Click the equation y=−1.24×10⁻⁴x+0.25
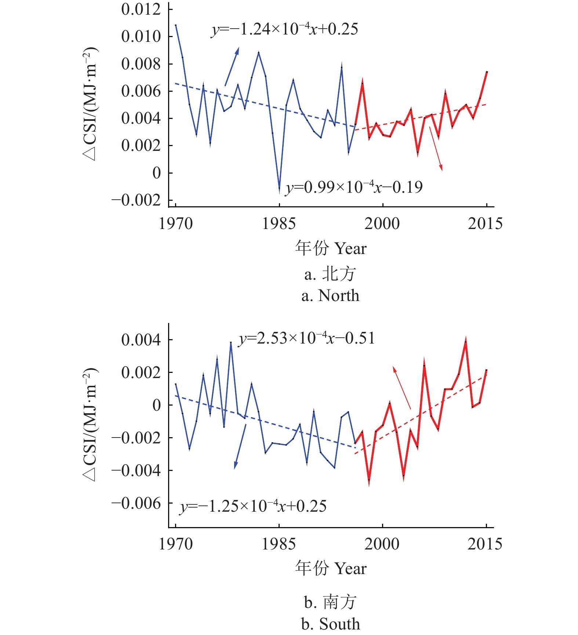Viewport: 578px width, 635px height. pyautogui.click(x=284, y=29)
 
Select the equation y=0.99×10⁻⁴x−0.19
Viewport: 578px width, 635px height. pyautogui.click(x=354, y=187)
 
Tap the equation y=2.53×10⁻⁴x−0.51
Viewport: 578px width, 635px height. pyautogui.click(x=307, y=338)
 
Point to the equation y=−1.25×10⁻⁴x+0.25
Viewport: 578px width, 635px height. pyautogui.click(x=253, y=506)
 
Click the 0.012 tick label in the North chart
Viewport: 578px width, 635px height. pyautogui.click(x=141, y=9)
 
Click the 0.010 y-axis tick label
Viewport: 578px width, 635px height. pyautogui.click(x=141, y=36)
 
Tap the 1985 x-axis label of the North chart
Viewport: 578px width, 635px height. pyautogui.click(x=279, y=224)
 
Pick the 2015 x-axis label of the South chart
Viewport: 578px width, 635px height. pyautogui.click(x=485, y=544)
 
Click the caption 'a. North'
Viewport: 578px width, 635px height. pyautogui.click(x=330, y=295)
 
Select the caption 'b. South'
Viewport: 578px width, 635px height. pyautogui.click(x=330, y=624)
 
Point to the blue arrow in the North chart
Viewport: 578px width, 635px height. pyautogui.click(x=232, y=66)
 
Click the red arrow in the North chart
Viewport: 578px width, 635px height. pyautogui.click(x=436, y=149)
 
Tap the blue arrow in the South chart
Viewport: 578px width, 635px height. pyautogui.click(x=240, y=446)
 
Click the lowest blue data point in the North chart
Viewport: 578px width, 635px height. pyautogui.click(x=279, y=189)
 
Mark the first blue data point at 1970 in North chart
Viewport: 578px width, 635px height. pyautogui.click(x=176, y=25)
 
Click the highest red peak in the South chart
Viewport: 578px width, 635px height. pyautogui.click(x=466, y=341)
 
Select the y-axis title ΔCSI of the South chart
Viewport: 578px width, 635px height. pyautogui.click(x=90, y=424)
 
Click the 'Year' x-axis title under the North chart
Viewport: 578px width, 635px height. pyautogui.click(x=350, y=248)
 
